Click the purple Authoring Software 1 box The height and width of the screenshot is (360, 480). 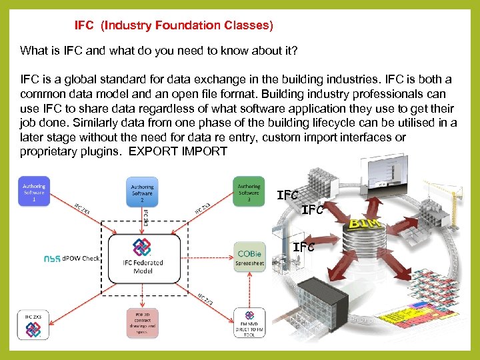tap(34, 192)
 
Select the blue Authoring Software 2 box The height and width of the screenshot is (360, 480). tap(141, 192)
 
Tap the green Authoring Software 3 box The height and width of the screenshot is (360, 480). tap(249, 192)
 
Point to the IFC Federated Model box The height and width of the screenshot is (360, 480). tap(142, 257)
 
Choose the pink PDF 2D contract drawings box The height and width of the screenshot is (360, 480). tap(141, 323)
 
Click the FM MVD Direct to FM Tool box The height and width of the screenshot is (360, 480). tap(249, 323)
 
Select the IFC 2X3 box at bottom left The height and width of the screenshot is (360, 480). tap(33, 323)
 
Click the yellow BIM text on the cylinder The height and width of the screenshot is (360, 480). tap(364, 223)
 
